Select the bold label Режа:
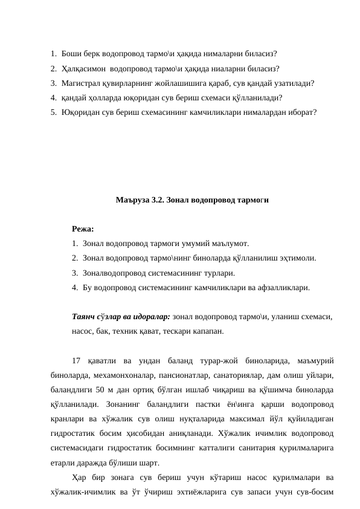pyautogui.click(x=82, y=229)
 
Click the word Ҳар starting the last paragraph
pyautogui.click(x=79, y=478)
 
